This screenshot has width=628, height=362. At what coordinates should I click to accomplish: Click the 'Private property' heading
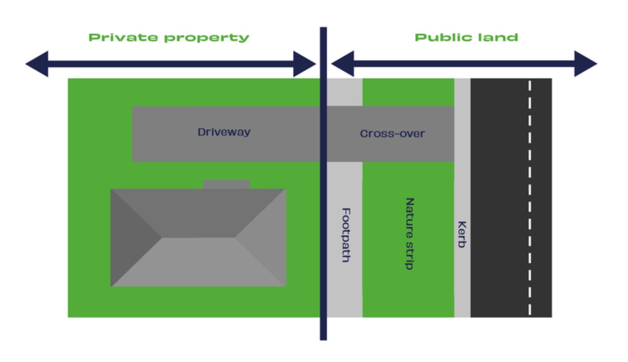pos(169,37)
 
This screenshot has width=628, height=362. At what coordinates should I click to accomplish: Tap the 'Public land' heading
pos(466,37)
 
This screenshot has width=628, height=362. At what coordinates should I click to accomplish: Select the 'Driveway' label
pos(224,132)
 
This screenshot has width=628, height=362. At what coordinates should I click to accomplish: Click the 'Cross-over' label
pos(392,133)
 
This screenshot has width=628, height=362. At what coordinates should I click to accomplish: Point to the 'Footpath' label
pos(346,235)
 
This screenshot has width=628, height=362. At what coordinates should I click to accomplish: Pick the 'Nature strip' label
pos(410,234)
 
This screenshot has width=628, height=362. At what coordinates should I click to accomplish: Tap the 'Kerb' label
pos(462,234)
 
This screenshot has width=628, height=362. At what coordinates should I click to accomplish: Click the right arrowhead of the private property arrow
pos(304,64)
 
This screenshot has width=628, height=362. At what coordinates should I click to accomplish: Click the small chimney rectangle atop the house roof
pos(226,184)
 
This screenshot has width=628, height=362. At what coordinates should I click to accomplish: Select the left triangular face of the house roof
pos(133,238)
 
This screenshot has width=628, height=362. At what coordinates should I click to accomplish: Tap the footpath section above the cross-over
pos(345,92)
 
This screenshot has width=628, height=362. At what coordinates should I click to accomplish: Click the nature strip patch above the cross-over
pos(408,92)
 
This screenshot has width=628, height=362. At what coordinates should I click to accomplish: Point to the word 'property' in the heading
pos(206,38)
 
